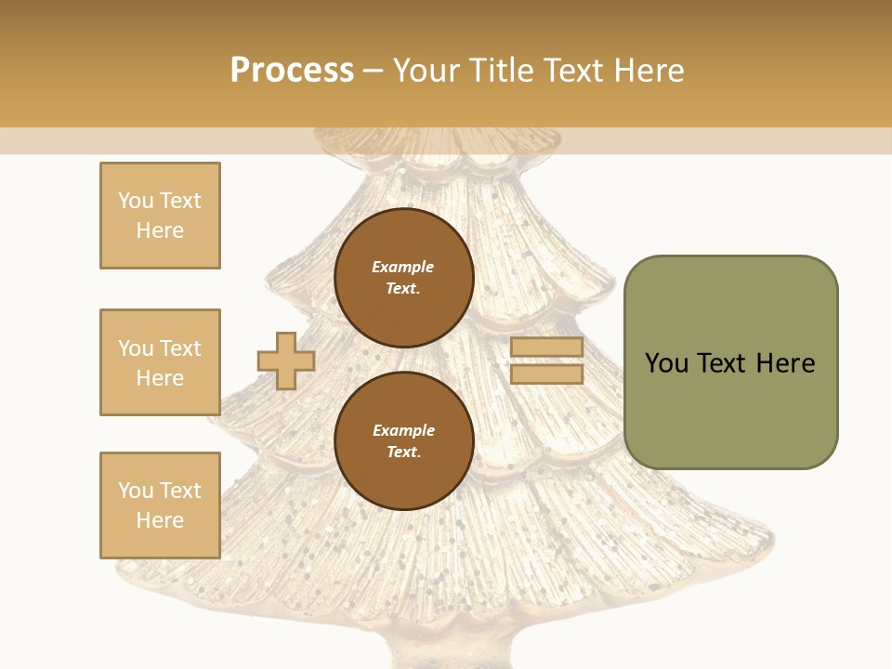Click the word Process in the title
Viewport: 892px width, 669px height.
(x=292, y=70)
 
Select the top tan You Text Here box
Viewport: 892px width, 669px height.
(x=160, y=216)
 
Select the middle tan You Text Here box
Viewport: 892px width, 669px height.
(x=160, y=362)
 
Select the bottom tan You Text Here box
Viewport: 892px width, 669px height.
(x=160, y=505)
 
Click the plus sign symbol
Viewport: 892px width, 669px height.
(x=286, y=361)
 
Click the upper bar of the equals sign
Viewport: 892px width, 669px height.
(x=546, y=348)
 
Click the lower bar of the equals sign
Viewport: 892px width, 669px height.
(x=546, y=374)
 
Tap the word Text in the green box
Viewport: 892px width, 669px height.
(x=723, y=363)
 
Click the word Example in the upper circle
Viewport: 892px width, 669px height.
(x=402, y=267)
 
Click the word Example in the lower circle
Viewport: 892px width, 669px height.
(x=402, y=430)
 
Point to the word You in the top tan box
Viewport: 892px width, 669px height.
(x=136, y=201)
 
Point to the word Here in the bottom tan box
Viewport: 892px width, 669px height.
(x=160, y=520)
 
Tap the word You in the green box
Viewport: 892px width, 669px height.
(x=665, y=363)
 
